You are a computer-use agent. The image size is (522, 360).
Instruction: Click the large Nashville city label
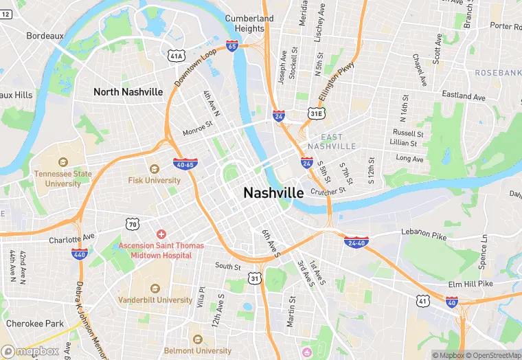(x=273, y=194)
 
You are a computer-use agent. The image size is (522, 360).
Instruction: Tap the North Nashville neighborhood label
(x=128, y=92)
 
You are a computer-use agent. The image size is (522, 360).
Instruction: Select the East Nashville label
(x=332, y=142)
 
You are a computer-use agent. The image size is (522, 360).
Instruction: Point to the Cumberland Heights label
(x=249, y=23)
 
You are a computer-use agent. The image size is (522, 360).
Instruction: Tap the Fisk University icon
(x=155, y=169)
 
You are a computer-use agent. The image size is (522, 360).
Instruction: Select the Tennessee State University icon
(x=63, y=162)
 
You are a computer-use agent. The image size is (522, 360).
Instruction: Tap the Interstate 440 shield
(x=79, y=254)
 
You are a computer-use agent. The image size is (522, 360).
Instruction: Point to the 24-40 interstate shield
(x=356, y=242)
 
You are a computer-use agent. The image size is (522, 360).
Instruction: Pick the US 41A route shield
(x=177, y=55)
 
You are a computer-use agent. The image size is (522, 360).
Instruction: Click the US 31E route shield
(x=316, y=113)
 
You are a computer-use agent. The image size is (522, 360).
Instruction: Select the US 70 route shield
(x=132, y=223)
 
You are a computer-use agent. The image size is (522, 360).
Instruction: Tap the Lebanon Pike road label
(x=424, y=234)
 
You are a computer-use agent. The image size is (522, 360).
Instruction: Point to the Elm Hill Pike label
(x=470, y=283)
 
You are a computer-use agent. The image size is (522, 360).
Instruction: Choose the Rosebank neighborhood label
(x=497, y=73)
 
